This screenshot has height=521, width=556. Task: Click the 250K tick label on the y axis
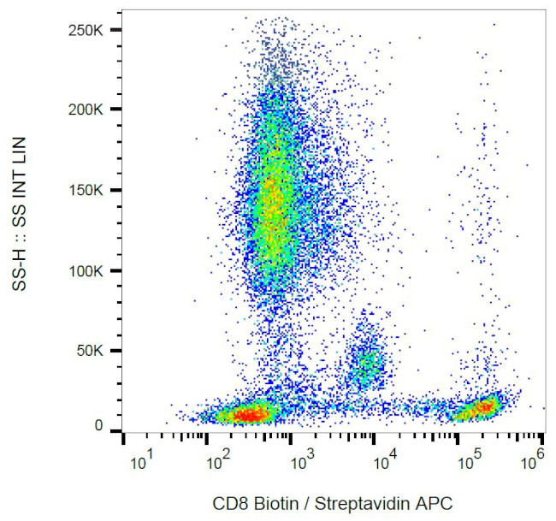(x=87, y=30)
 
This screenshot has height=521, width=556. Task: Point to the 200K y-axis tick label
(x=87, y=110)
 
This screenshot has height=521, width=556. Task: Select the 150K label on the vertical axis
(x=87, y=190)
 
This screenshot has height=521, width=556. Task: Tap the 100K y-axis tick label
(x=87, y=270)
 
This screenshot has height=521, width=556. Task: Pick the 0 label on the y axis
(x=99, y=425)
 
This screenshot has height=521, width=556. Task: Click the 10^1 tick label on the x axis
(x=142, y=463)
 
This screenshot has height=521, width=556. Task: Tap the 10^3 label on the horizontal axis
(x=303, y=463)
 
